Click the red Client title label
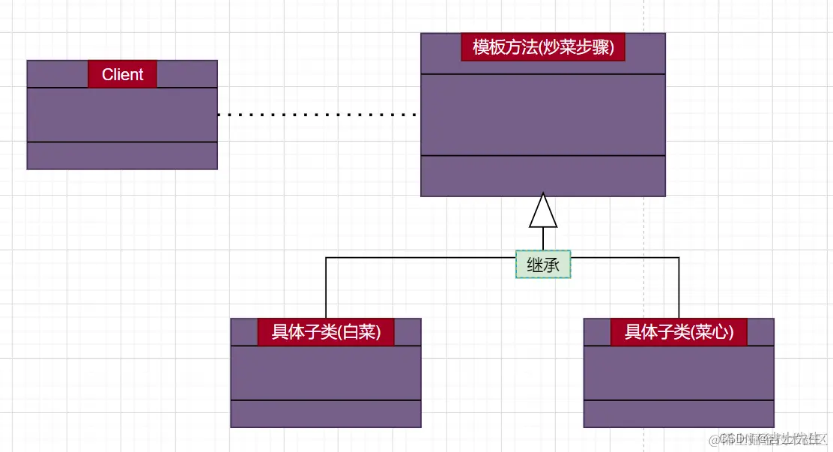point(122,74)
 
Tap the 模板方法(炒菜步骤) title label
point(543,47)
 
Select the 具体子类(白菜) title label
point(326,332)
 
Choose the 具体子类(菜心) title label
point(679,332)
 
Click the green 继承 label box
point(543,264)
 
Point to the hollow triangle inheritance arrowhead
point(543,211)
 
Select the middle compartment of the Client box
point(122,115)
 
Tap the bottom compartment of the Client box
point(122,155)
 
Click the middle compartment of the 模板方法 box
point(543,115)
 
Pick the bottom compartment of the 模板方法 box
point(543,175)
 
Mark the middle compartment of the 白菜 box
point(326,373)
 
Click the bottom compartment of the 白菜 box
point(326,414)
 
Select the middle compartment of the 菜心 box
point(679,373)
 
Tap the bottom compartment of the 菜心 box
point(679,414)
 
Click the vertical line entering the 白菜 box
point(326,289)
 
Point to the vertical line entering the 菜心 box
point(679,289)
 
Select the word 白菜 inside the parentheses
point(359,332)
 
